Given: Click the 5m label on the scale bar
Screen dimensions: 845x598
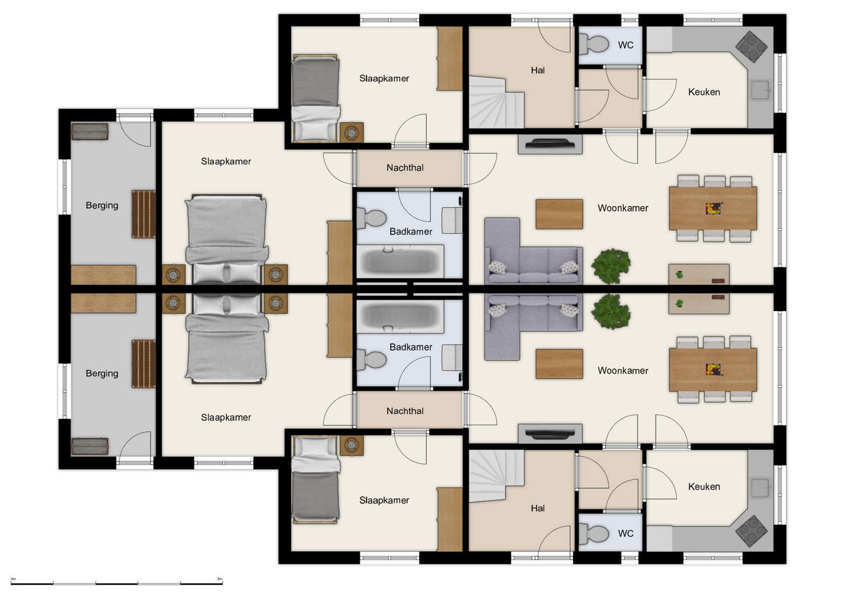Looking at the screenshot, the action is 220,579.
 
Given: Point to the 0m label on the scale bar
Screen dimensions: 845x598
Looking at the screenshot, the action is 13,579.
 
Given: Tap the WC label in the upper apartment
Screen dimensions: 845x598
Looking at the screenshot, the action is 625,45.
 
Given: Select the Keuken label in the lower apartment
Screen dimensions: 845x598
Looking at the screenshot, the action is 704,487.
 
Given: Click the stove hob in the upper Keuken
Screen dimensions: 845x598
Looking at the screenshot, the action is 751,46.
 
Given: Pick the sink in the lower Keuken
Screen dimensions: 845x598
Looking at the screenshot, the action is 760,488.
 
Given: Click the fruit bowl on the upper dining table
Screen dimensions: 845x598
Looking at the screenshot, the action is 713,208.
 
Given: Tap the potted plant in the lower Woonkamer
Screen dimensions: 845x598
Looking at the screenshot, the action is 611,311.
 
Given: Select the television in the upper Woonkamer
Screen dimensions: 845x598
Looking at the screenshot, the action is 550,144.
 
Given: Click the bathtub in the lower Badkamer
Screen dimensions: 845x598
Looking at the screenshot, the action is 400,316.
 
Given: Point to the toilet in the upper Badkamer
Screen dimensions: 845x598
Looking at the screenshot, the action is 372,218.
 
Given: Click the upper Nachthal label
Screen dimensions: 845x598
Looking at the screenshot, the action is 405,168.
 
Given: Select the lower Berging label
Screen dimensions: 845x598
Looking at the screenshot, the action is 102,374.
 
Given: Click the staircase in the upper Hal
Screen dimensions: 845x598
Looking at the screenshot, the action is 496,102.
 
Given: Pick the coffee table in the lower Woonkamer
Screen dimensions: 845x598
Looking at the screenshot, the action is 559,364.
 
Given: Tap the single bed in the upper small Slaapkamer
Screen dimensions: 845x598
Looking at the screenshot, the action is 315,98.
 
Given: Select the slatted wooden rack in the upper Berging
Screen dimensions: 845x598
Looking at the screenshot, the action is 143,214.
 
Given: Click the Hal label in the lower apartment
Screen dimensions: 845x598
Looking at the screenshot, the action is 538,509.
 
